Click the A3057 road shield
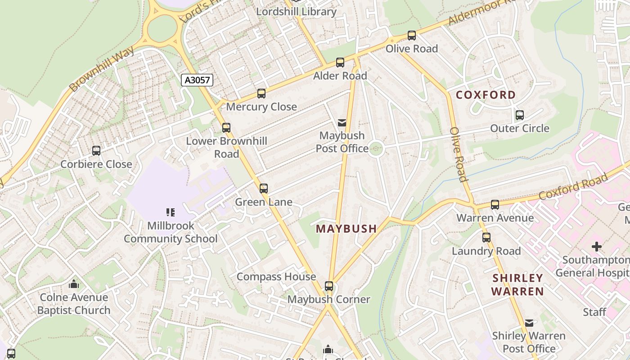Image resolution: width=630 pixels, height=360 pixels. click(197, 80)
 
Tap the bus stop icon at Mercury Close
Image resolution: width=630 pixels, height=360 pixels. click(261, 94)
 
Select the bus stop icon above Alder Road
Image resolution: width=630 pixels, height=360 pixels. click(340, 63)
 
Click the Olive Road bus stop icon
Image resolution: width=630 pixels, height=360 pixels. click(412, 36)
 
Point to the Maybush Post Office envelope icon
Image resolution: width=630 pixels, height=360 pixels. click(342, 122)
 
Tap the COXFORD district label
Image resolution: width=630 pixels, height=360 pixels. click(486, 95)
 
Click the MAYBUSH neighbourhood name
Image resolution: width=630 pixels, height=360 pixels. click(346, 229)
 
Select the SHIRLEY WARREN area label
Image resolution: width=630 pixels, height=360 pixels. click(517, 284)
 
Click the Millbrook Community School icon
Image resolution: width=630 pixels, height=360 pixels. click(171, 212)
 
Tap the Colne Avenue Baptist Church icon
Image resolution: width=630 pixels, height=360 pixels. click(74, 284)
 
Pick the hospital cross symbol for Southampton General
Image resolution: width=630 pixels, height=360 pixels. click(597, 247)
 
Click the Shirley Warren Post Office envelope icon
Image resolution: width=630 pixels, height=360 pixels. click(529, 323)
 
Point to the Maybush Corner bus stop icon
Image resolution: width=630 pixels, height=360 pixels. click(329, 286)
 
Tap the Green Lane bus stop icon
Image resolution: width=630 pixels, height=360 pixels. click(264, 189)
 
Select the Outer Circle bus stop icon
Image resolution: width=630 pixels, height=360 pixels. click(520, 115)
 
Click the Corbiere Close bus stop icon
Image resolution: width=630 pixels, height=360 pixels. click(96, 151)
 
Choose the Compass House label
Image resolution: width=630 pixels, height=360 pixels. click(276, 277)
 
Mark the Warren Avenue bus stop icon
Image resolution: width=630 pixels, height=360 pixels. click(495, 205)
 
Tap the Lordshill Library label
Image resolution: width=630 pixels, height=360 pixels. click(296, 12)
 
